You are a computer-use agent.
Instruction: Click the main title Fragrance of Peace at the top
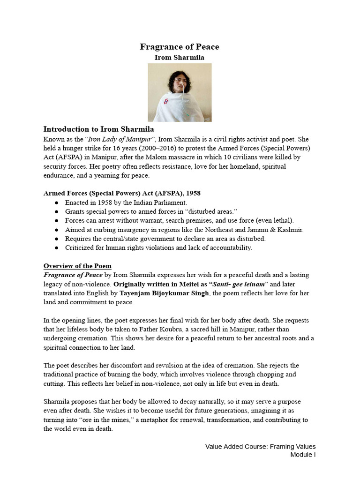click(x=180, y=47)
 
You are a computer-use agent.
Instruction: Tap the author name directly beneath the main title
click(x=180, y=58)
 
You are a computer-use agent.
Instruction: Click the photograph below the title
click(x=180, y=92)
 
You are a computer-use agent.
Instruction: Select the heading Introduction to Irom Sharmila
click(x=98, y=129)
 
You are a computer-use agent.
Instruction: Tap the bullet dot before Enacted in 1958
click(x=57, y=203)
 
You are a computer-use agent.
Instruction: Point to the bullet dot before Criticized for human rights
click(x=57, y=248)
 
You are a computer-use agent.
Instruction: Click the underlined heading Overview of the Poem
click(x=77, y=266)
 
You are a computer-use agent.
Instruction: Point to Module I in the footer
click(x=302, y=455)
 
